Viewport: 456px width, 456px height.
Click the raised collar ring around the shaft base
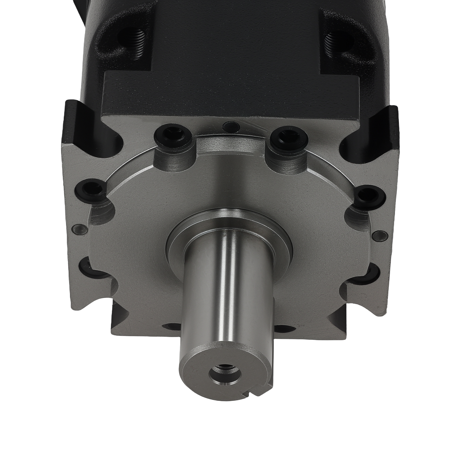coord(228,225)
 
